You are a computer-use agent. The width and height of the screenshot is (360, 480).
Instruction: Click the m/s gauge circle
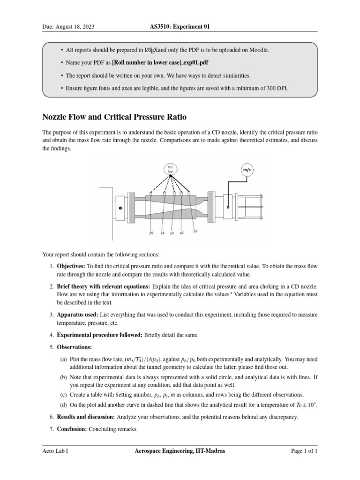tap(246, 170)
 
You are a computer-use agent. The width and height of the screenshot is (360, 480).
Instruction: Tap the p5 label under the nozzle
tap(151, 233)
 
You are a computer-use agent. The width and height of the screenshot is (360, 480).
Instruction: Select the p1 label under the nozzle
tap(195, 231)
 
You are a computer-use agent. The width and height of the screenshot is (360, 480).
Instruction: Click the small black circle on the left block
tap(120, 208)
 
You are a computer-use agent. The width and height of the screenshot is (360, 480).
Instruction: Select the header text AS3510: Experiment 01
tap(180, 27)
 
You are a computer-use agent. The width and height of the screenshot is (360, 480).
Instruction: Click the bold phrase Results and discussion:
tap(86, 416)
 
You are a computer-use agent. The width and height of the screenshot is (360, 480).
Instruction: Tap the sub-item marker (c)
tap(63, 394)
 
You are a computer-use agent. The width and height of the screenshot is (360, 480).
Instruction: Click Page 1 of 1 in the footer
tap(304, 451)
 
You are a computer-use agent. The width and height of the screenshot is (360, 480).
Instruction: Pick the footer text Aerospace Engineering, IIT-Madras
tap(180, 451)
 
